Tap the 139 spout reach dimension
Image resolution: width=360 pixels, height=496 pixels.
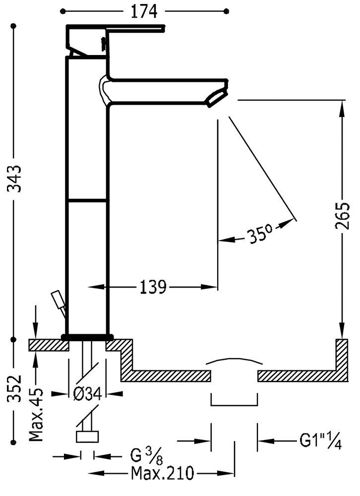(152, 287)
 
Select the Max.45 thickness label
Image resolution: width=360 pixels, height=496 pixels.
(36, 414)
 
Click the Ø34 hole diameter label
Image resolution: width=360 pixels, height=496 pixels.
(87, 394)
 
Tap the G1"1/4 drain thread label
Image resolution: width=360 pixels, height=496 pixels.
(320, 440)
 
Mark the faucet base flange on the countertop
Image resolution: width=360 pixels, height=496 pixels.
(87, 336)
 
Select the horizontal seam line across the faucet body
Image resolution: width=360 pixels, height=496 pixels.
(87, 200)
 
